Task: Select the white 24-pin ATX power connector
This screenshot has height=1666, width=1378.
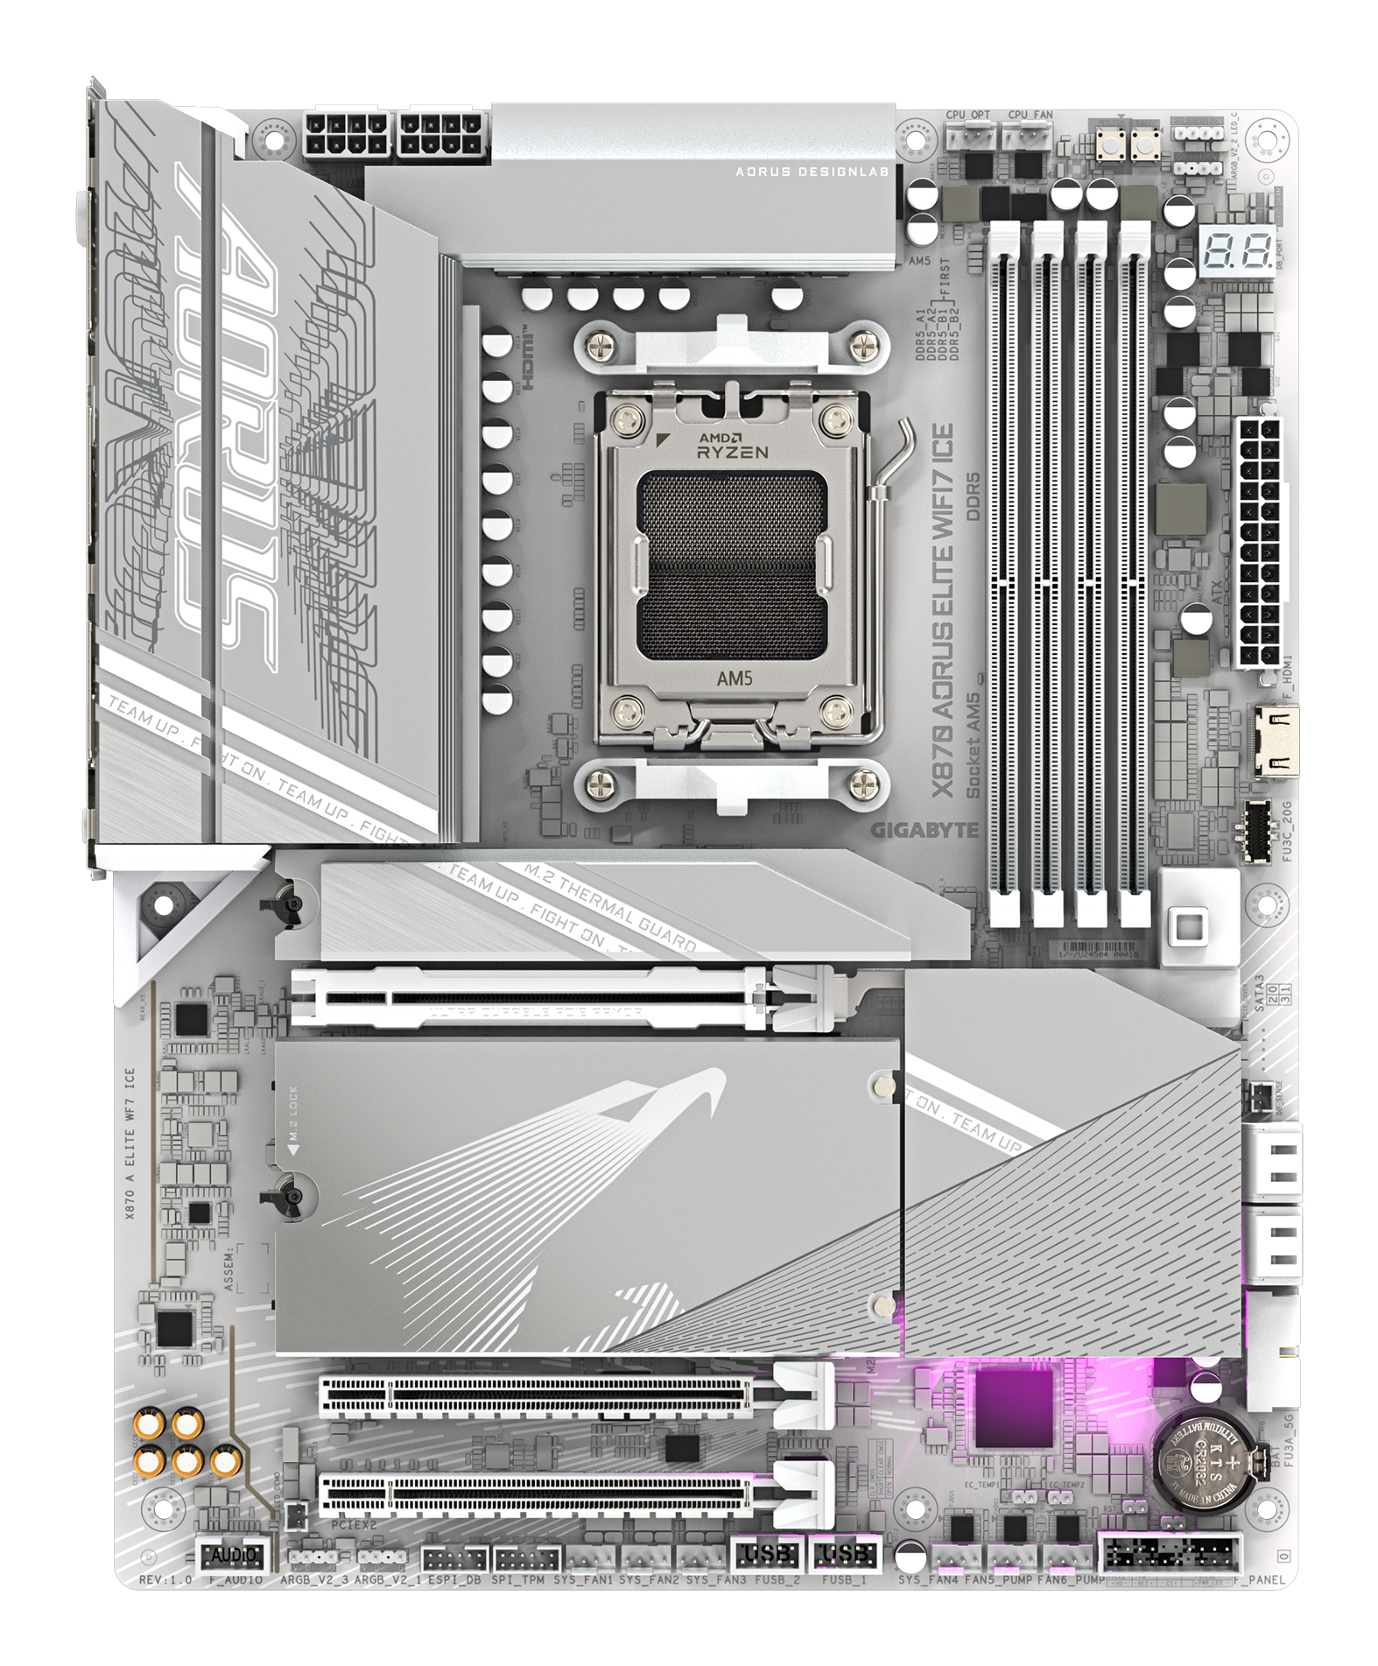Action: click(1257, 543)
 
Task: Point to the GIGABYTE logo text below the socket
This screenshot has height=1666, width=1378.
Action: click(924, 830)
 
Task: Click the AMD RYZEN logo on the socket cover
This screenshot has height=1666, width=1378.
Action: click(732, 446)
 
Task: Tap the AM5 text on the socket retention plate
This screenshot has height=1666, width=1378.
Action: click(735, 678)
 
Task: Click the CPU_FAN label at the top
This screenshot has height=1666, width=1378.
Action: click(1030, 115)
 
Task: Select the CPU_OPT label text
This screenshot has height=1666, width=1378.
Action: click(967, 115)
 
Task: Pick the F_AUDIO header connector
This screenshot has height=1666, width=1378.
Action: click(232, 1555)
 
